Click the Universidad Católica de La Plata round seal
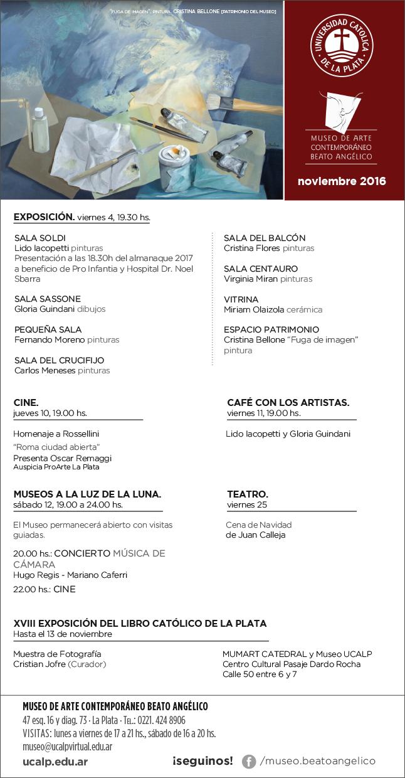click(342, 47)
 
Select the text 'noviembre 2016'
click(342, 182)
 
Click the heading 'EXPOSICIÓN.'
click(44, 217)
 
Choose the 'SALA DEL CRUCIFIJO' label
click(59, 360)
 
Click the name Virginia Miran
click(250, 279)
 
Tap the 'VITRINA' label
click(241, 299)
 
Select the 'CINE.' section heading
click(26, 402)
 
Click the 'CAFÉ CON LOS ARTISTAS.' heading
click(288, 402)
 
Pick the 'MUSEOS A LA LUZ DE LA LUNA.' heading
click(87, 494)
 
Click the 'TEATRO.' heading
click(248, 494)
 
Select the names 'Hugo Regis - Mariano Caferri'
click(70, 575)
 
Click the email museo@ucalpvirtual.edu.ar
click(67, 747)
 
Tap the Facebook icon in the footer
click(249, 762)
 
